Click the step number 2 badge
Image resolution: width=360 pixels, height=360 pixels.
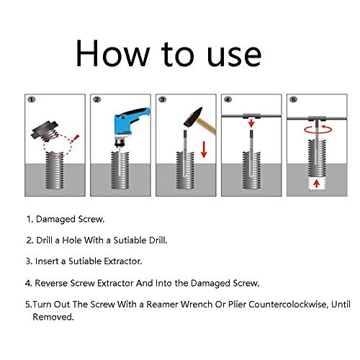(96, 99)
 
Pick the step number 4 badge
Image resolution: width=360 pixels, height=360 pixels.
(228, 99)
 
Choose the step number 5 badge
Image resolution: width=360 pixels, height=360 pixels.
(293, 99)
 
